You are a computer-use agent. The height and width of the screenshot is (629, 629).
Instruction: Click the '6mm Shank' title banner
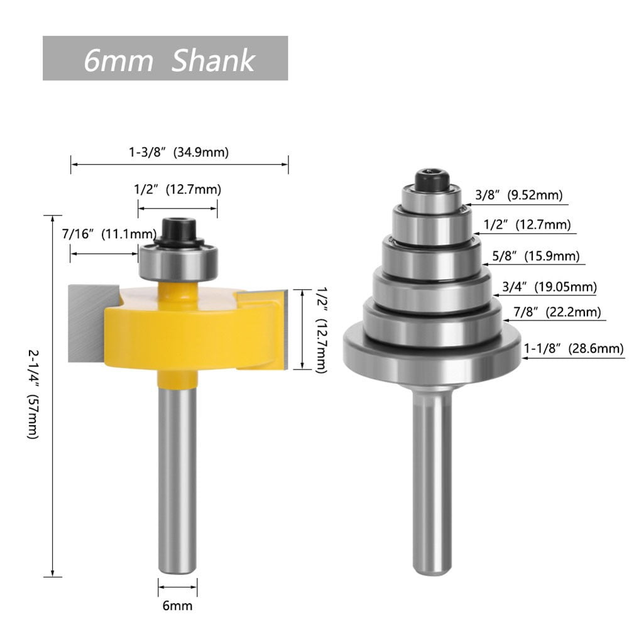pyautogui.click(x=165, y=58)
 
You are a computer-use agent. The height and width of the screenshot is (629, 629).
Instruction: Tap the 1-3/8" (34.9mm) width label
pyautogui.click(x=178, y=151)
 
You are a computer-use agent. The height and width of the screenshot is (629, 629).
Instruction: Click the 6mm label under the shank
pyautogui.click(x=177, y=606)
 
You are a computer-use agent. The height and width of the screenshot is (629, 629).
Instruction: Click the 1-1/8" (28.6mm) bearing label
pyautogui.click(x=574, y=349)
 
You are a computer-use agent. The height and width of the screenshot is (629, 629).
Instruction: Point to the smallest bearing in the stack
pyautogui.click(x=432, y=197)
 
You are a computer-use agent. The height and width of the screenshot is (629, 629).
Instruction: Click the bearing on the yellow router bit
pyautogui.click(x=178, y=262)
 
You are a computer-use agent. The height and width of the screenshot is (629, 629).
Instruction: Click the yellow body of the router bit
pyautogui.click(x=189, y=330)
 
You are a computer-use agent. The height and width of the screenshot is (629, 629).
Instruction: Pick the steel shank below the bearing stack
pyautogui.click(x=432, y=478)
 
